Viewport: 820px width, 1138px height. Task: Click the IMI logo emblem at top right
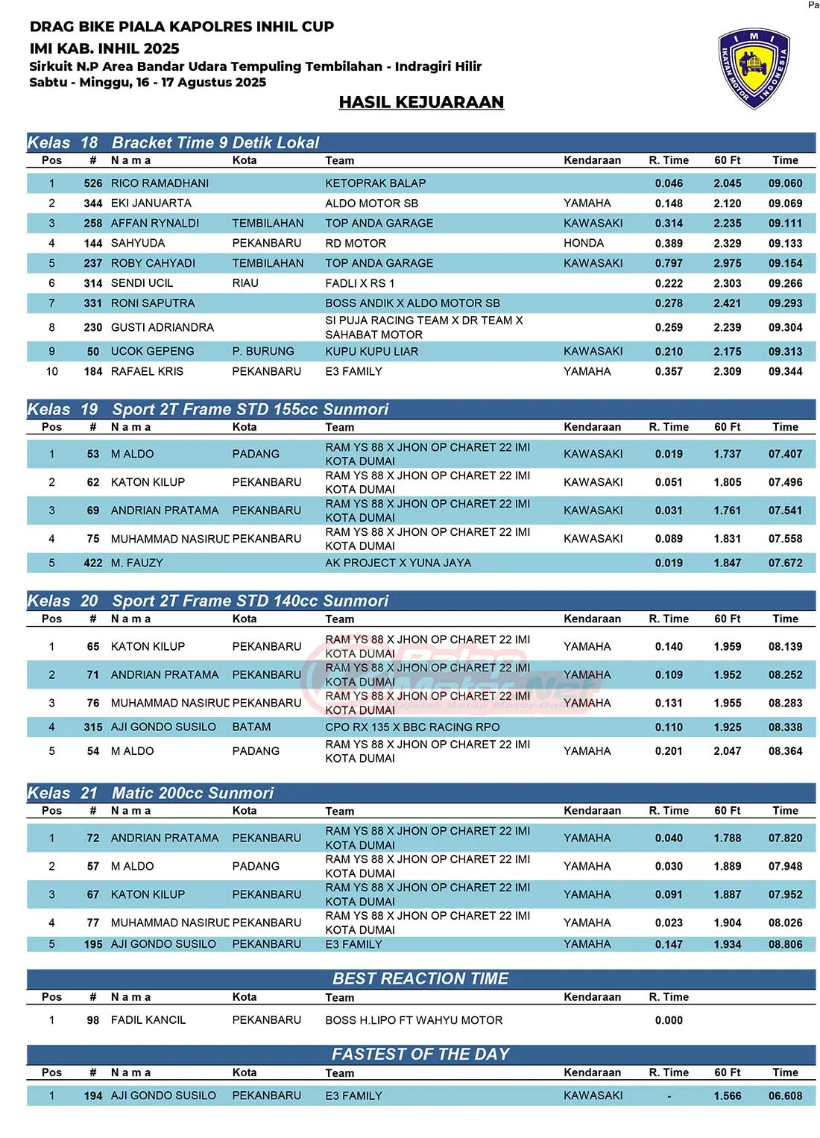tap(754, 69)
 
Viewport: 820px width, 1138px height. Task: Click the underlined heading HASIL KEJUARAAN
tap(421, 102)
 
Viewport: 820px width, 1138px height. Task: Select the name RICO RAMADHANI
tap(160, 183)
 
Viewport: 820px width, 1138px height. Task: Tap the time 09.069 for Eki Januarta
tap(785, 203)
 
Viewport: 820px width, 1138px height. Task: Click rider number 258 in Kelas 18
tap(93, 224)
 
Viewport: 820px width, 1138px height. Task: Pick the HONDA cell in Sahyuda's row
tap(584, 244)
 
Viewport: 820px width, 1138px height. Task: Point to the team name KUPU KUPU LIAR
tap(371, 352)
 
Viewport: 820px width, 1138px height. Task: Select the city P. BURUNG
tap(262, 352)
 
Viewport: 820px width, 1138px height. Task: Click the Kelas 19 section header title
tap(250, 409)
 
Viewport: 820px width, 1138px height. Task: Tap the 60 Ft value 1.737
tap(727, 454)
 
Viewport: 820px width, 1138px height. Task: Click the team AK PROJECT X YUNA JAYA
tap(397, 563)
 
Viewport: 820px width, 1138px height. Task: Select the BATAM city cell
tap(251, 727)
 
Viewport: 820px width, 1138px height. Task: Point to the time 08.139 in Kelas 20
tap(785, 647)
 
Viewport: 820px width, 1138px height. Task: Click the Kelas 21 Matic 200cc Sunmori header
tap(192, 793)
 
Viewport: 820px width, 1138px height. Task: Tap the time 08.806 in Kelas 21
tap(785, 944)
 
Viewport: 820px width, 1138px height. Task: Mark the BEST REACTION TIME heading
tap(420, 979)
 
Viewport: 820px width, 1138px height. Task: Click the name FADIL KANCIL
tap(148, 1020)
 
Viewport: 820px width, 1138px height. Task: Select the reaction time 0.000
tap(669, 1021)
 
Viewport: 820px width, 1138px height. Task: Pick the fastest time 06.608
tap(785, 1096)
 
